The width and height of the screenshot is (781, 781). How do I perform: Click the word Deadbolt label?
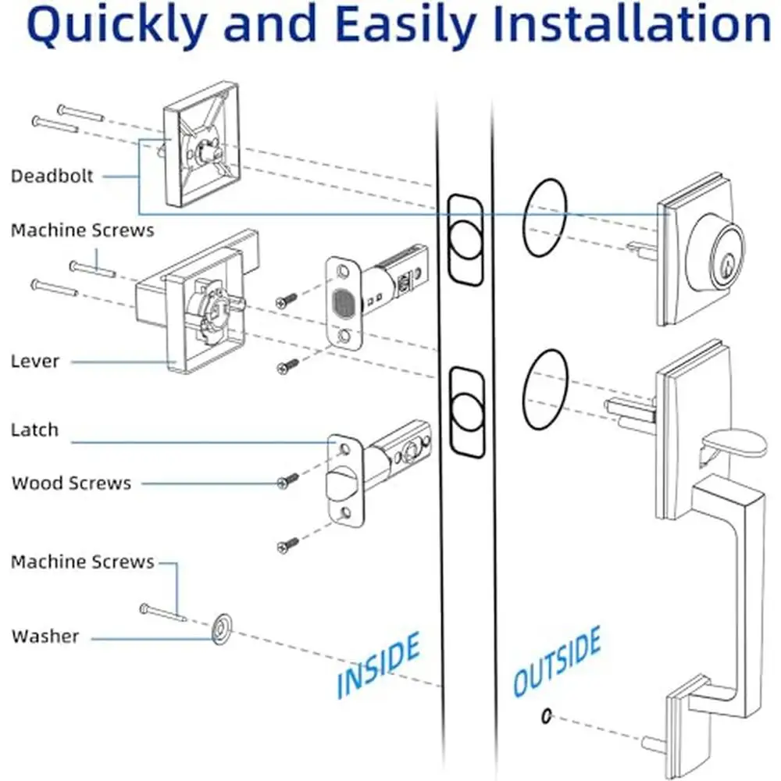[52, 176]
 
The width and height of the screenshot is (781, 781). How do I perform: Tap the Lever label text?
[35, 361]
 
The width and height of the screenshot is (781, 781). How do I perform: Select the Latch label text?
[35, 430]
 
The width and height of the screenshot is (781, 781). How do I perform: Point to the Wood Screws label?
[71, 483]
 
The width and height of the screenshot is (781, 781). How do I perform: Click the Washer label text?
[45, 636]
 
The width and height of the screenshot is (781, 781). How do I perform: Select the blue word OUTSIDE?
[558, 661]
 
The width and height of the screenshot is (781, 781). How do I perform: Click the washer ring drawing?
[222, 629]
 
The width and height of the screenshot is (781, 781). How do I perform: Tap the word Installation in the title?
[632, 23]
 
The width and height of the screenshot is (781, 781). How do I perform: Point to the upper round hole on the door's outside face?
[545, 217]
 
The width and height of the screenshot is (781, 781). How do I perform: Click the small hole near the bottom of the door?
[547, 716]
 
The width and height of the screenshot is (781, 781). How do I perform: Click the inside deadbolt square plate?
[201, 144]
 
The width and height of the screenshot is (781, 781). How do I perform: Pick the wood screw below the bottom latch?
[288, 544]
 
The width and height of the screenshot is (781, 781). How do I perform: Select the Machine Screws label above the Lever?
[83, 230]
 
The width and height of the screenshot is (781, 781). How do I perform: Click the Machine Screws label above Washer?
[83, 562]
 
